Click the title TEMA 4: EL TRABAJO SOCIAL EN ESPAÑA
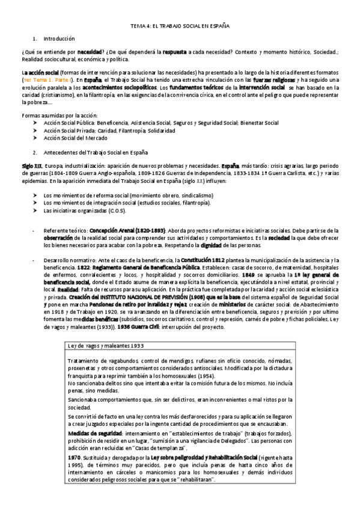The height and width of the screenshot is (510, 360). pos(180,26)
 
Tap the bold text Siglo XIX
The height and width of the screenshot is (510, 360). pos(31,165)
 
